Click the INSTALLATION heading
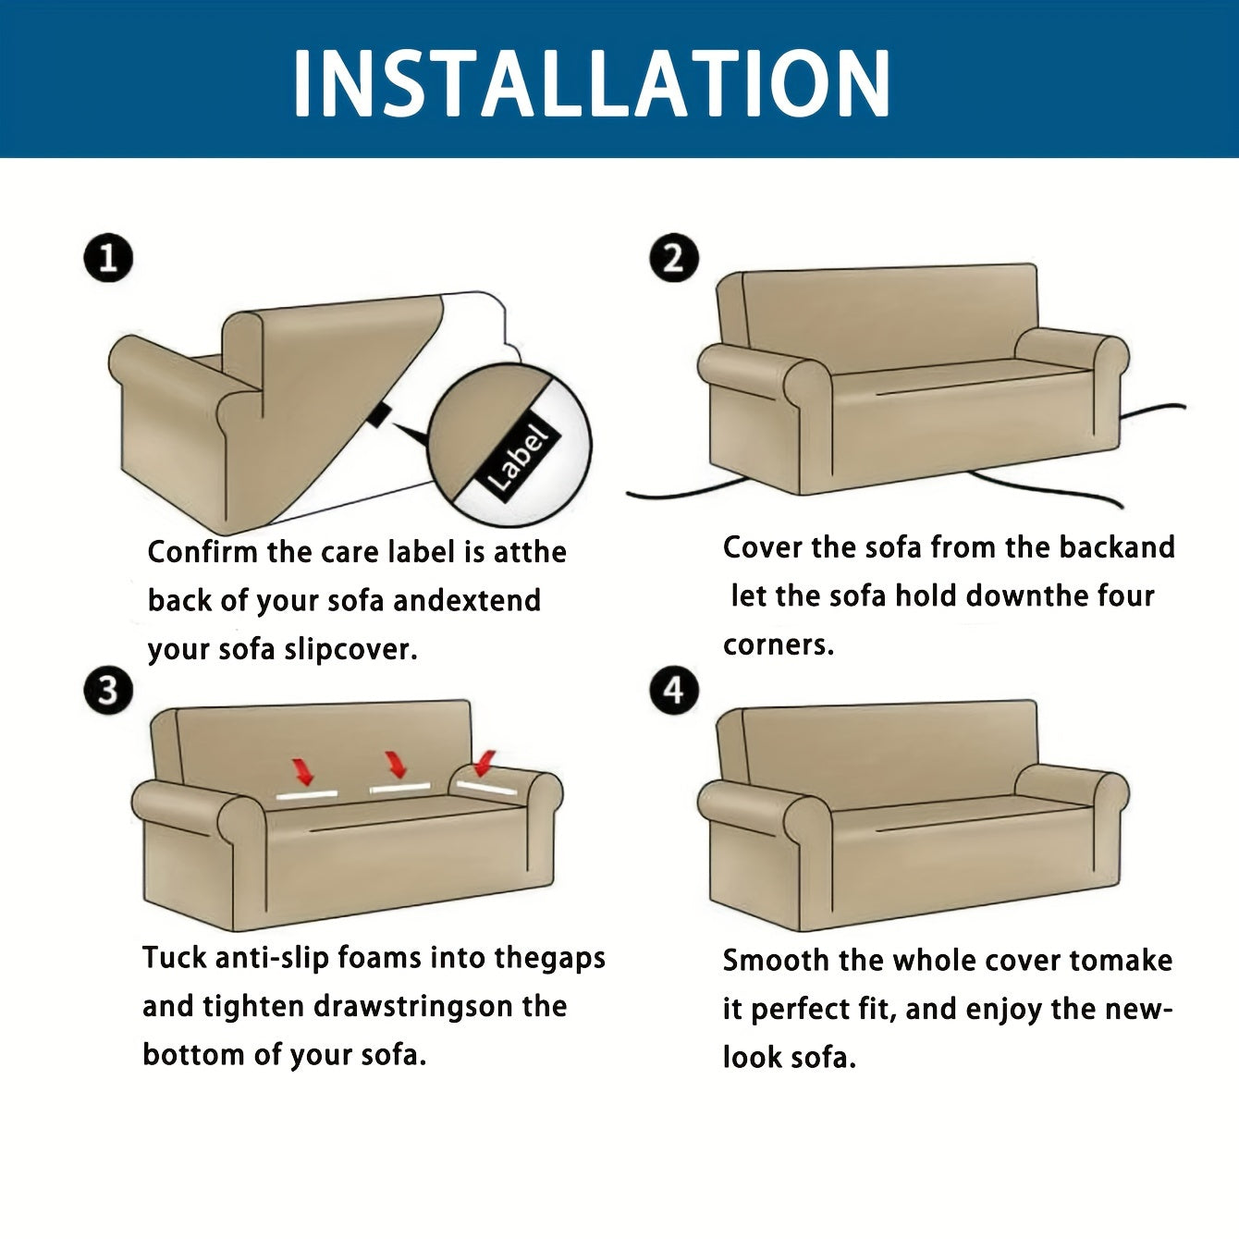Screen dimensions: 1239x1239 click(592, 82)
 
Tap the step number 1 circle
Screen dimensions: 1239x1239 click(109, 258)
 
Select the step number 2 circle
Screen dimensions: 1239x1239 click(674, 258)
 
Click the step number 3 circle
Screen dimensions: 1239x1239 click(109, 691)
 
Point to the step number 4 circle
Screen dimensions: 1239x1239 click(674, 691)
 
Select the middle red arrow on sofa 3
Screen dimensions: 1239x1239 click(396, 764)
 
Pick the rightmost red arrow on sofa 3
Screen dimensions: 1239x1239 click(485, 763)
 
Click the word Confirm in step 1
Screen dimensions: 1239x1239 click(202, 552)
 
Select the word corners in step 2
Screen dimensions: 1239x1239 click(779, 644)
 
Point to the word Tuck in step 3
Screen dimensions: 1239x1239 click(174, 957)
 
